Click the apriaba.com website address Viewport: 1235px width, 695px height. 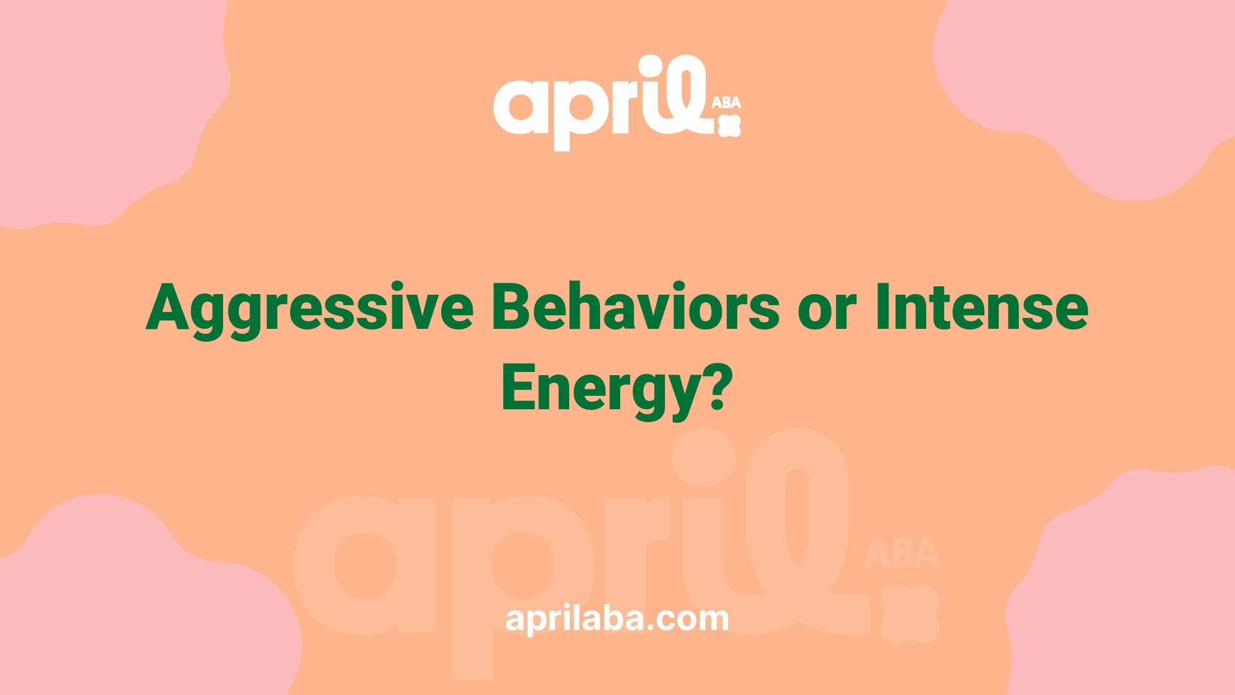point(617,619)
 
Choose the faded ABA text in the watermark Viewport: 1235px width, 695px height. point(902,555)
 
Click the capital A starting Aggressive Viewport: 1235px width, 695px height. point(169,308)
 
